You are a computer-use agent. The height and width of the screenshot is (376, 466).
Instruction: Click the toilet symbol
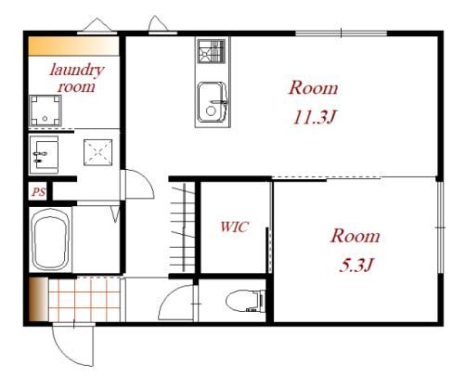tap(246, 301)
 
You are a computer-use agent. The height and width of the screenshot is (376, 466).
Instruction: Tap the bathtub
tap(50, 240)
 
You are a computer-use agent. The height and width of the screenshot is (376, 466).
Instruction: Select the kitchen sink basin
tap(213, 102)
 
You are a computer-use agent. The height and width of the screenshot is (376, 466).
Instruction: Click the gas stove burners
tap(212, 51)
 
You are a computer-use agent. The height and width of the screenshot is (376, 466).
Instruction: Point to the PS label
tap(39, 192)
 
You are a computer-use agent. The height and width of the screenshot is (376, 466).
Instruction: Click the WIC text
tap(234, 227)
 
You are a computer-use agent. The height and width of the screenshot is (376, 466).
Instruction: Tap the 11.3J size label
tap(315, 117)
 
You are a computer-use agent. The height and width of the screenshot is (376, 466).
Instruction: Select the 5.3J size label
tap(356, 266)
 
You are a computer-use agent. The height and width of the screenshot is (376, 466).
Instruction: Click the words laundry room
tap(76, 78)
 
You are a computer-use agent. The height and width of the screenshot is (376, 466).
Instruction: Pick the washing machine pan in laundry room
tap(45, 110)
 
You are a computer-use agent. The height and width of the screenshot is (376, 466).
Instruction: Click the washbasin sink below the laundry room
tap(45, 154)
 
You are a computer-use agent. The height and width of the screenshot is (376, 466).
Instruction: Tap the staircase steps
tap(183, 227)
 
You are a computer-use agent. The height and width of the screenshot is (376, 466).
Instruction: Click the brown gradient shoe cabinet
tap(39, 300)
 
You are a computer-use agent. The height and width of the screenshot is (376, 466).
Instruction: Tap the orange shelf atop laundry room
tap(73, 46)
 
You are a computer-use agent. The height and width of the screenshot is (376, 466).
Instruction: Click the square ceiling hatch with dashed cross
tap(98, 152)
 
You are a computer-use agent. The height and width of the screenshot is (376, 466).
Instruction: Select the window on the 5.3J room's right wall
tap(440, 227)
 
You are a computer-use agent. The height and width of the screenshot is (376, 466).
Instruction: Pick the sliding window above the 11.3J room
tap(341, 33)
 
